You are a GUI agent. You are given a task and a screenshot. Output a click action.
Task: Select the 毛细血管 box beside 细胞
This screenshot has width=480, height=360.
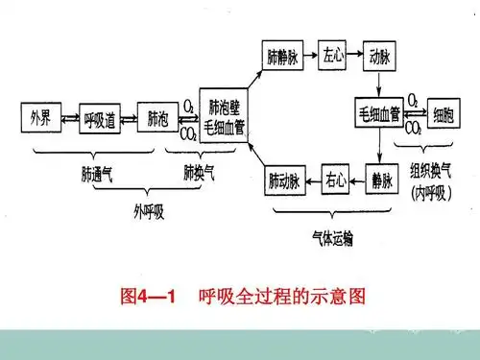tap(378, 114)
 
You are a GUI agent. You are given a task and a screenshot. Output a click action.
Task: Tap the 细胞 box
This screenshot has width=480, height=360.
tap(445, 114)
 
